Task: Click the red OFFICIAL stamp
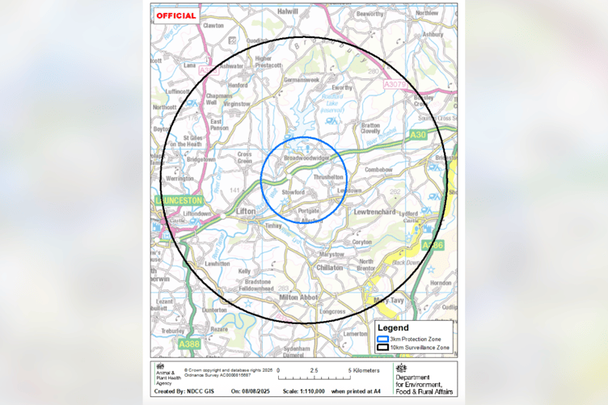click(x=176, y=15)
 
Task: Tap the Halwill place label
click(x=288, y=12)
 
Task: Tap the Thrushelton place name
click(x=328, y=177)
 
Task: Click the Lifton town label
click(x=246, y=211)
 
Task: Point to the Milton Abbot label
click(x=299, y=297)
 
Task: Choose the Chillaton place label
click(x=330, y=267)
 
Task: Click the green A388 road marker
click(x=189, y=344)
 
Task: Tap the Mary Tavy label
click(x=389, y=300)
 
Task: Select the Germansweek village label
click(x=302, y=80)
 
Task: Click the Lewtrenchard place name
click(x=374, y=211)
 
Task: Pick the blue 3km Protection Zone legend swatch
click(x=382, y=340)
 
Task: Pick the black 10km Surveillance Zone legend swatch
click(x=382, y=348)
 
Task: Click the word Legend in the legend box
click(x=398, y=327)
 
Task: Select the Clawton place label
click(x=213, y=25)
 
